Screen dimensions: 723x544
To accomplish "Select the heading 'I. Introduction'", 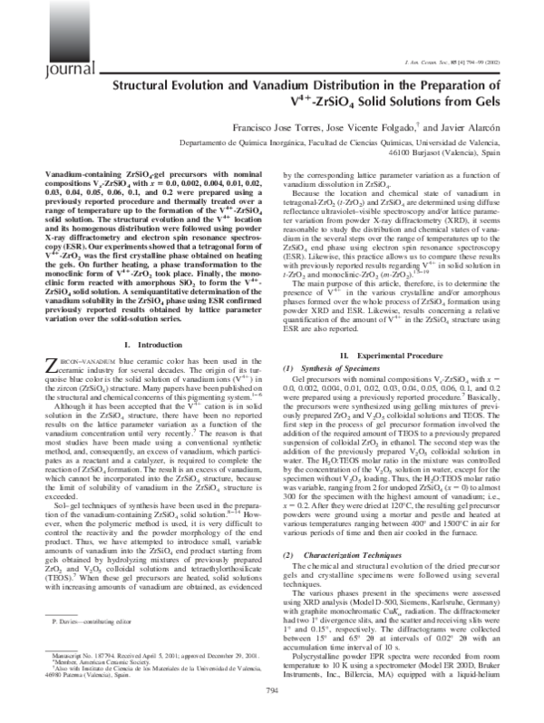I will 148,398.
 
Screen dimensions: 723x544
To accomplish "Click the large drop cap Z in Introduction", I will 52,418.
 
